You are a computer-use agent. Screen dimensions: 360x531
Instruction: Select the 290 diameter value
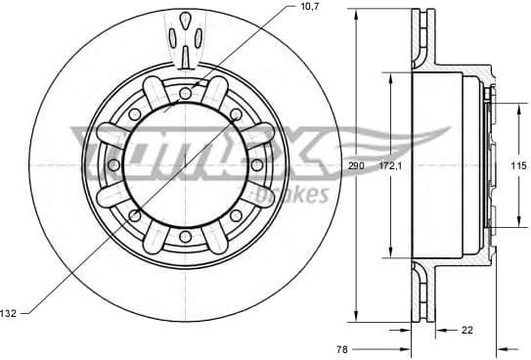356,166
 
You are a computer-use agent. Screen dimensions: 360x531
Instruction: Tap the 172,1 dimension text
391,166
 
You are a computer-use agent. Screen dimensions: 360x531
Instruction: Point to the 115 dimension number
518,167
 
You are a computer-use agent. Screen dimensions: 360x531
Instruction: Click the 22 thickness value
466,330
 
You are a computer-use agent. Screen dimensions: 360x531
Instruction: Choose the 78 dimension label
342,348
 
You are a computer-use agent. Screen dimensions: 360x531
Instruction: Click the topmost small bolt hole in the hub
185,93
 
